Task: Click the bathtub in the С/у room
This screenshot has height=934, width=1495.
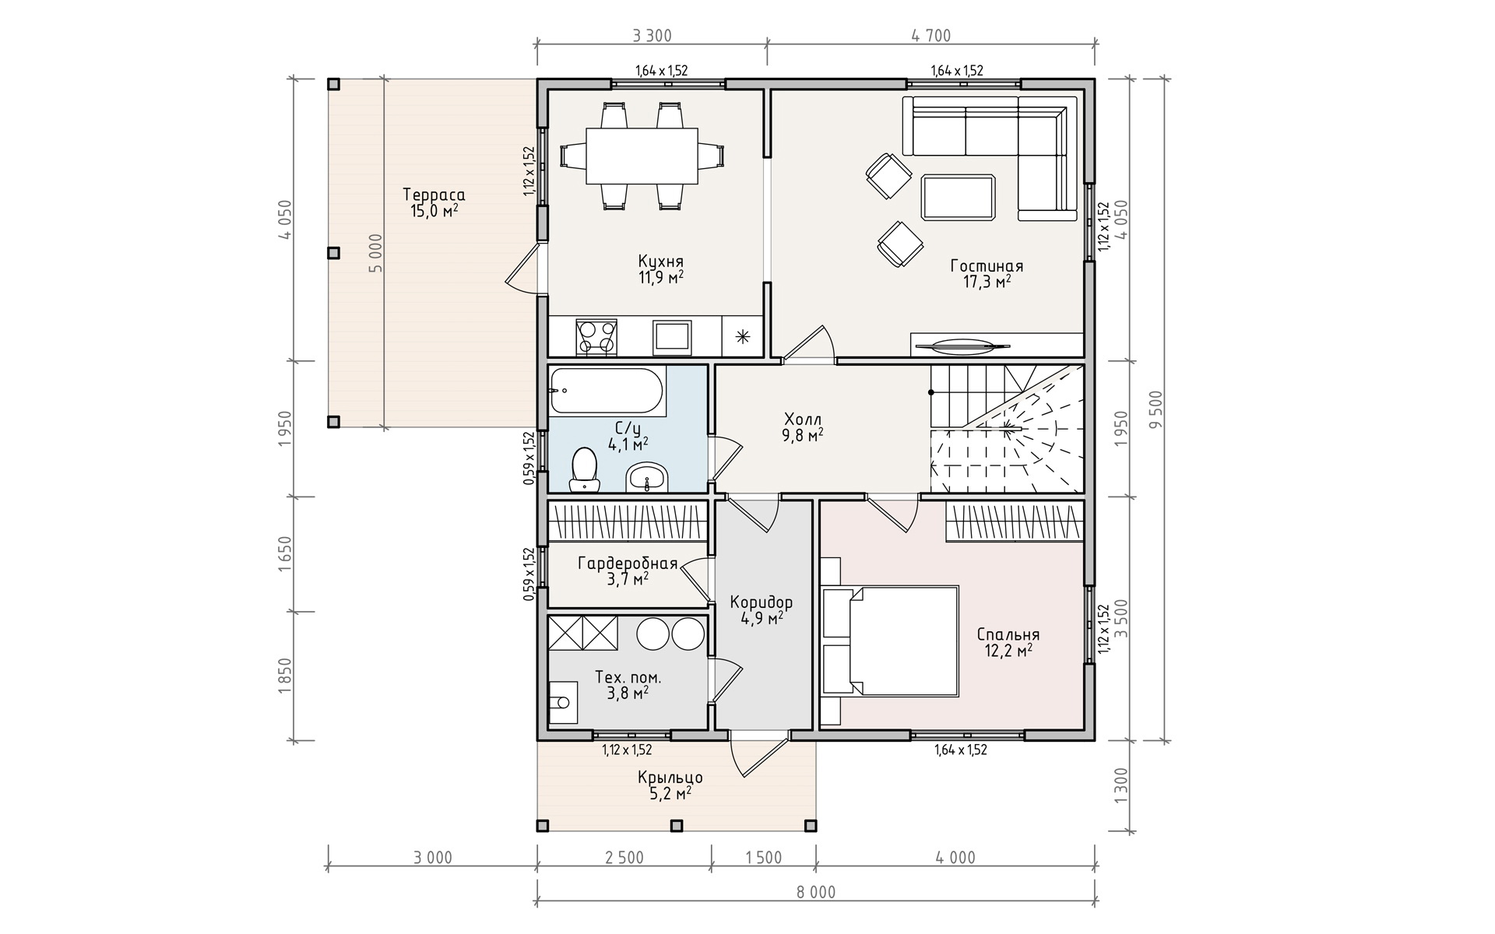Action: pos(607,391)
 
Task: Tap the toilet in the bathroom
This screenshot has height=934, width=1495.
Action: pos(584,470)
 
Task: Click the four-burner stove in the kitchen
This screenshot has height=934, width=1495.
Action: pos(596,337)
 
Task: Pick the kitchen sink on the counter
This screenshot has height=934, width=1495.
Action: pos(671,336)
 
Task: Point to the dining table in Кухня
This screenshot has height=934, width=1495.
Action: pos(642,156)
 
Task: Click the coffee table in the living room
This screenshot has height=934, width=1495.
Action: pos(959,198)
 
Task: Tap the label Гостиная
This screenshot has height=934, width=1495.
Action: pos(987,266)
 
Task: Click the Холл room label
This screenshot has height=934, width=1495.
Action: pos(803,420)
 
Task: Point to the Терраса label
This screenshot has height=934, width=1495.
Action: pos(434,195)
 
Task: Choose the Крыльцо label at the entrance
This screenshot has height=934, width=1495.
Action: pos(670,778)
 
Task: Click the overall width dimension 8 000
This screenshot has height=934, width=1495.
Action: pos(815,892)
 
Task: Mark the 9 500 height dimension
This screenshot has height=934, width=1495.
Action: pos(1155,409)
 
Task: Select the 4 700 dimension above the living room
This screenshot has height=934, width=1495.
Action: pos(930,36)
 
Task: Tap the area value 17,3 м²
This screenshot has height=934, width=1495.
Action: pos(987,282)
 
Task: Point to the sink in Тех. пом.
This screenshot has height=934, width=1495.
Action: pos(562,703)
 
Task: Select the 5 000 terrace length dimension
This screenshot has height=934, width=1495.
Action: pos(376,253)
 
